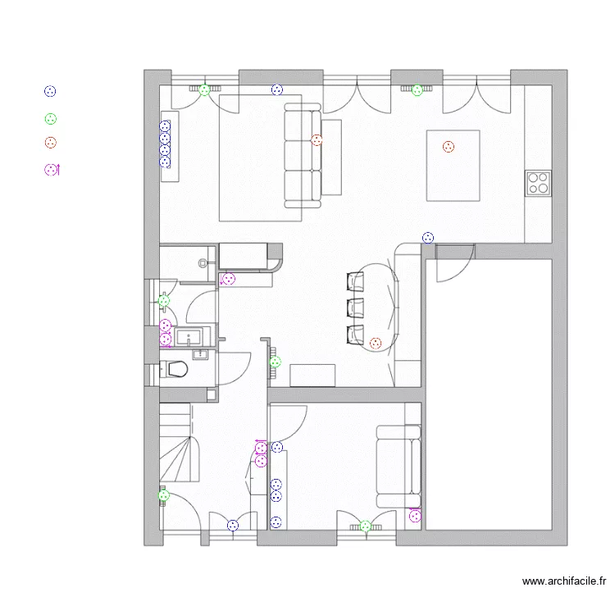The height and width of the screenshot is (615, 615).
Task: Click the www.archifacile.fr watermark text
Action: (x=563, y=581)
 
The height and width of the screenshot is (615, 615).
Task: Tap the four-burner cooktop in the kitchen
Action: (x=538, y=183)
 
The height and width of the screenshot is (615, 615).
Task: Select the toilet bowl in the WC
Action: (x=175, y=369)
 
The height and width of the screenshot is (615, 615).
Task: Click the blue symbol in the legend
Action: (x=50, y=91)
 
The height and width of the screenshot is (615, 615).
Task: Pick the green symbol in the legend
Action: (x=51, y=119)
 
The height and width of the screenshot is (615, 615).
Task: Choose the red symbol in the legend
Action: (x=51, y=143)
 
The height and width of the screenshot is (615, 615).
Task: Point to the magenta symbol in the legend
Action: (x=52, y=170)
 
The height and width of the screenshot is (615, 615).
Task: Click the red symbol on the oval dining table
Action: (x=376, y=344)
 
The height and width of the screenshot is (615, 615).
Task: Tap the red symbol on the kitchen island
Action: (x=449, y=147)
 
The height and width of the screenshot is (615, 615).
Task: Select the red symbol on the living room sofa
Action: (x=317, y=140)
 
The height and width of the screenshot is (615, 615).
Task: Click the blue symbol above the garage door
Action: (x=428, y=238)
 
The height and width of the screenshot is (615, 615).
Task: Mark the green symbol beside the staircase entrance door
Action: (x=163, y=496)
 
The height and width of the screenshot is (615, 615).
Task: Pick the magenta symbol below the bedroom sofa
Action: (x=415, y=516)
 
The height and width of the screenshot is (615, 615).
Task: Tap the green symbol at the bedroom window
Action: (x=366, y=526)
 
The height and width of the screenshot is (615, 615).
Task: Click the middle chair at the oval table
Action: (x=355, y=307)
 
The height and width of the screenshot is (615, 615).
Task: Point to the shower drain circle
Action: (x=203, y=263)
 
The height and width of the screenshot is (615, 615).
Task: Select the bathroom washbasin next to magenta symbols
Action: (x=189, y=336)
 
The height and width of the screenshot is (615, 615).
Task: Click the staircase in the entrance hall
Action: (x=180, y=442)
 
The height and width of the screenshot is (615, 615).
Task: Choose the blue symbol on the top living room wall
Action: (x=277, y=90)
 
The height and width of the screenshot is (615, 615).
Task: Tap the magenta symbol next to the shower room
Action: (x=227, y=279)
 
